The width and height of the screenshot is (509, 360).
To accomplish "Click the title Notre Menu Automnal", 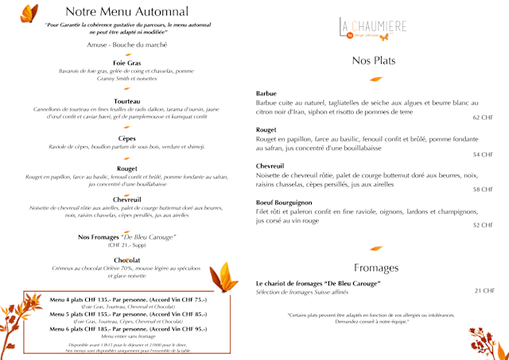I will (x=127, y=12).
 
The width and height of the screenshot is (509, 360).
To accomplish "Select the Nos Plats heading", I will (x=373, y=61).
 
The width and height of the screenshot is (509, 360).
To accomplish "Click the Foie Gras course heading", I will (x=126, y=62).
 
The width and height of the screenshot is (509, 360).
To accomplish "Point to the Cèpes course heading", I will (x=127, y=138).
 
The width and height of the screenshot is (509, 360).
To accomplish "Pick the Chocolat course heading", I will (x=127, y=260).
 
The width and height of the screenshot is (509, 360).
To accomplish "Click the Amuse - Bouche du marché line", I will (x=127, y=45).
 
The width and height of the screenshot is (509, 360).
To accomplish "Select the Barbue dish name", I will (x=266, y=94).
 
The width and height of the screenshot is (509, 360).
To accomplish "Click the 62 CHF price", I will (x=483, y=118).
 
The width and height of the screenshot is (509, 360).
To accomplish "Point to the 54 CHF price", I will (x=483, y=154).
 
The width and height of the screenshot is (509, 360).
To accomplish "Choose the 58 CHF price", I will (x=483, y=190).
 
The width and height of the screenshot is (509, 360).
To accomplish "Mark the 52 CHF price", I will (x=483, y=226).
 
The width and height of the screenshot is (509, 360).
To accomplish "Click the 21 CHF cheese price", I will (x=484, y=291).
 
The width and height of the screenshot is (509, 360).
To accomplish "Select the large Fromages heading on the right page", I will (x=376, y=267).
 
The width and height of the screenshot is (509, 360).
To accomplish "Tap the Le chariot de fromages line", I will (x=318, y=284).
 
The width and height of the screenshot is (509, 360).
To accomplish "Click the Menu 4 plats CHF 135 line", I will (x=127, y=299).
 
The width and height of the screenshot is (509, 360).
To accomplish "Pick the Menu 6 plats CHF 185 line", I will (x=127, y=328).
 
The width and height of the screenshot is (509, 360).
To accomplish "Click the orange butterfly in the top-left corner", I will (x=29, y=14).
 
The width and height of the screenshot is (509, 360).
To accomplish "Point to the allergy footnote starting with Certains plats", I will (x=375, y=315).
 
